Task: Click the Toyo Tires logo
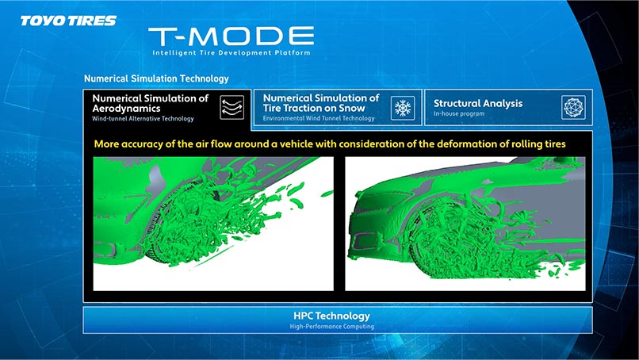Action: click(68, 21)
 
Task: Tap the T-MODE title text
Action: click(231, 36)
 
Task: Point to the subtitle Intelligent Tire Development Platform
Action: click(231, 52)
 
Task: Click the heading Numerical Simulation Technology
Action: click(156, 79)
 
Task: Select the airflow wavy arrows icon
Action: click(231, 108)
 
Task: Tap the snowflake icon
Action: click(403, 108)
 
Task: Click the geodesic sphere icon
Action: click(573, 108)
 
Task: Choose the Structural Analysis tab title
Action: click(478, 104)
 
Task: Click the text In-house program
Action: click(459, 113)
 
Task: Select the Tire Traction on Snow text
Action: click(314, 109)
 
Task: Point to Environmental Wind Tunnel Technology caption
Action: click(319, 118)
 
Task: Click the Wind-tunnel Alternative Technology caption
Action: click(143, 119)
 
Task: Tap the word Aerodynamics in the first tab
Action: click(126, 109)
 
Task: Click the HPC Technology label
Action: click(331, 316)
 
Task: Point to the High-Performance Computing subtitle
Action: click(331, 327)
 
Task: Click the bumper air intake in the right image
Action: click(366, 241)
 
